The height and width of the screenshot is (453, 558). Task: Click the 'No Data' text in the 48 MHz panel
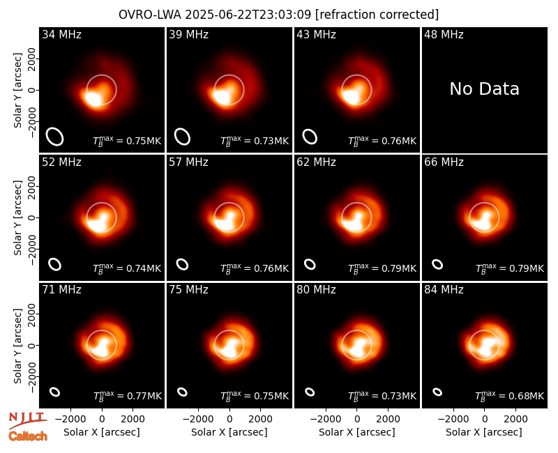point(484,89)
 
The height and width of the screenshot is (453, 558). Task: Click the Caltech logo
point(28,436)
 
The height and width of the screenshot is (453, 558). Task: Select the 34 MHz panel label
point(61,34)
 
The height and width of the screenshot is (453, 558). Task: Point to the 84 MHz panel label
point(444,290)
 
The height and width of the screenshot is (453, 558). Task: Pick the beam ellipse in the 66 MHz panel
point(437,264)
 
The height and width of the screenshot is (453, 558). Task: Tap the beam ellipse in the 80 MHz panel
point(310,392)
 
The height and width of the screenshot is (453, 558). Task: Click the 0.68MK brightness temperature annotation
point(509,395)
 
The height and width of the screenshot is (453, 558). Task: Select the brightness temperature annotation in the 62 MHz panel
point(382,268)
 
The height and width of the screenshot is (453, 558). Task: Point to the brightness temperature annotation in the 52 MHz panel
point(127,268)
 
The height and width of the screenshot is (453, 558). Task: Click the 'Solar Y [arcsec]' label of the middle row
point(17,217)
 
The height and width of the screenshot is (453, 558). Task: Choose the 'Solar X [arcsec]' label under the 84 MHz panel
point(484,432)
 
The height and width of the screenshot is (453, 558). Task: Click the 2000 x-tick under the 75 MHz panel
point(260,419)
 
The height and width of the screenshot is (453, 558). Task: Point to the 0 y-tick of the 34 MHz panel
point(32,90)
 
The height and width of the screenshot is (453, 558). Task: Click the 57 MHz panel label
point(188,162)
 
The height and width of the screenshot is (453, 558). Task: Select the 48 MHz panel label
point(444,34)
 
